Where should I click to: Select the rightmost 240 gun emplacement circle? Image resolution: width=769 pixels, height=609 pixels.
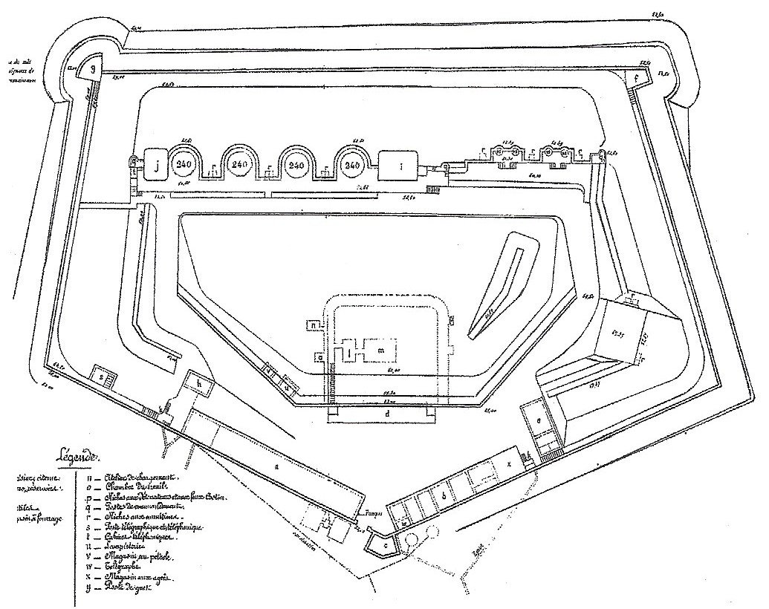(x=353, y=164)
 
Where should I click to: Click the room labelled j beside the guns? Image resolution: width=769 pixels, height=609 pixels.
(x=156, y=166)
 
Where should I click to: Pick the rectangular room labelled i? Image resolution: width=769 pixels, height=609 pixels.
(x=400, y=167)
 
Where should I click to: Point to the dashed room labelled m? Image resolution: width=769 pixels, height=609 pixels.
(x=381, y=349)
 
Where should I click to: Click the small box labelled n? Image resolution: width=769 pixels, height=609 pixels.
(x=315, y=325)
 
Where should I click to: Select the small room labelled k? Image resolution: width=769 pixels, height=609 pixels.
(x=201, y=382)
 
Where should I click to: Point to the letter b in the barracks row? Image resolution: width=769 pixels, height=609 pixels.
(x=444, y=494)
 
